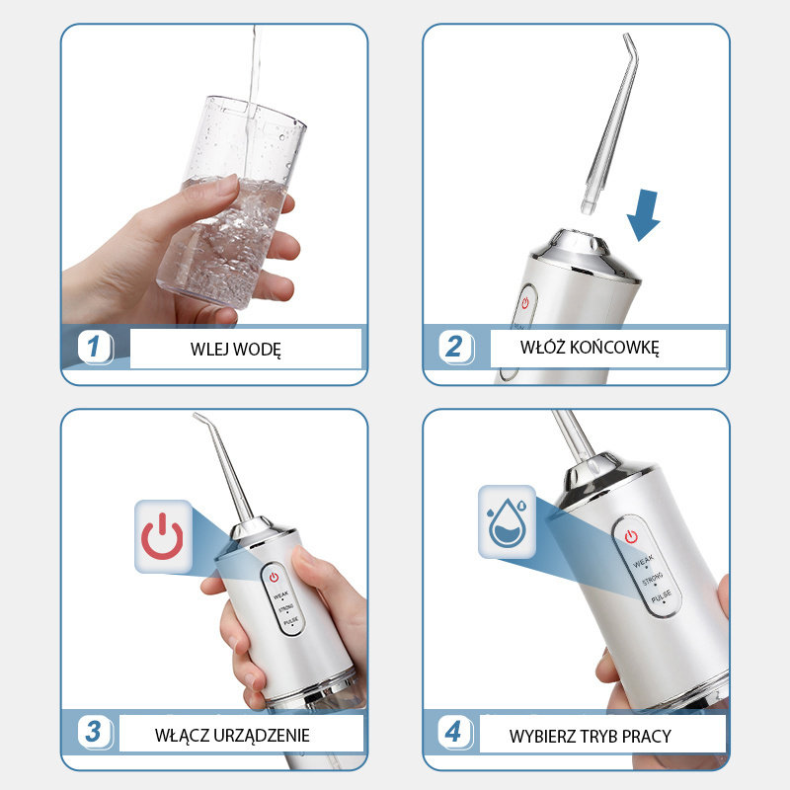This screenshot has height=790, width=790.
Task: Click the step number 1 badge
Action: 95,348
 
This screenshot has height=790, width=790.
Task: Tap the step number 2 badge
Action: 456,348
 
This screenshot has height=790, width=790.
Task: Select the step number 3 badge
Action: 95,732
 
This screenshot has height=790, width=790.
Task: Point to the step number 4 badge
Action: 455,732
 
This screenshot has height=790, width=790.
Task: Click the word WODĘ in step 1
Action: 257,350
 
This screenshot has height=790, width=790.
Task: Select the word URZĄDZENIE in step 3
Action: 261,736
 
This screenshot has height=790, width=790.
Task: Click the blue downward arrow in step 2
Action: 644,215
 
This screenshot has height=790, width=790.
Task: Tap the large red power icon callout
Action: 163,536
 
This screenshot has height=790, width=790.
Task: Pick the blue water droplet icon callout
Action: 507,522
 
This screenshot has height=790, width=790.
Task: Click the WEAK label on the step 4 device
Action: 644,561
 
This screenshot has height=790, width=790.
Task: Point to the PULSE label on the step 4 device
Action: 662,596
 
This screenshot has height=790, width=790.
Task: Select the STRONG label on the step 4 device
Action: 653,579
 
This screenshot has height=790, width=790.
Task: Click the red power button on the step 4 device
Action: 631,536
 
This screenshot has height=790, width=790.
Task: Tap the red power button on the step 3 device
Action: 274,577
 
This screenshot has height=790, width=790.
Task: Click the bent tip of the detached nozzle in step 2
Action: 630,45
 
